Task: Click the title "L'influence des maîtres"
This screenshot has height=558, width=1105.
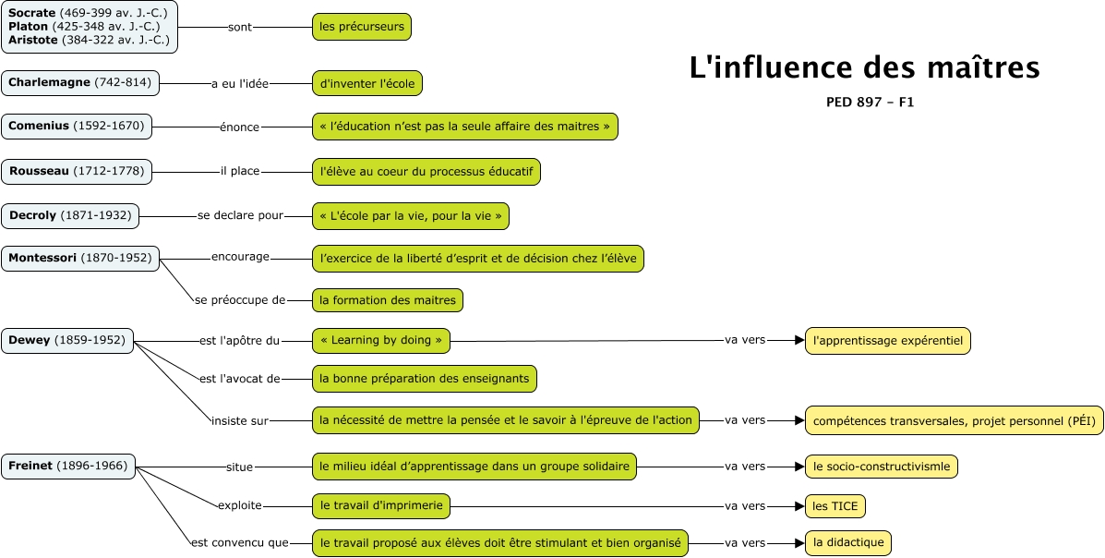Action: [x=864, y=68]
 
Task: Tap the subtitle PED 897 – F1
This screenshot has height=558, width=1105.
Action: [x=870, y=103]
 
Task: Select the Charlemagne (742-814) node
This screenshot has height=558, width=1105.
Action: [x=80, y=83]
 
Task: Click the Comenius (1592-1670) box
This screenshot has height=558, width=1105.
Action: [x=77, y=126]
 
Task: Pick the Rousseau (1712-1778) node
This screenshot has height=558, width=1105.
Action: [x=77, y=171]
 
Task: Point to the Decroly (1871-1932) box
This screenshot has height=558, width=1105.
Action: [x=70, y=216]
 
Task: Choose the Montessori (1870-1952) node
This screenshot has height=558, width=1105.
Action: [x=80, y=259]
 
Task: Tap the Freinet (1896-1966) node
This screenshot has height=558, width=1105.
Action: [x=67, y=467]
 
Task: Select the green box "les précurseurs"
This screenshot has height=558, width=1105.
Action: [x=362, y=27]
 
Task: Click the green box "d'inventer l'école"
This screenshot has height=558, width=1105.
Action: [x=367, y=83]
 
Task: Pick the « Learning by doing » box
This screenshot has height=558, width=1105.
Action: [x=381, y=340]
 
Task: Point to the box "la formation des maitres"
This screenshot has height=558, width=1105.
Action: [x=388, y=299]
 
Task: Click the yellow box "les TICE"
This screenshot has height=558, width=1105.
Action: [x=835, y=506]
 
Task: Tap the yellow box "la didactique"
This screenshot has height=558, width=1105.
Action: [x=848, y=542]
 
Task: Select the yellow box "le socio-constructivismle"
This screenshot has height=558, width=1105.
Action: [x=882, y=467]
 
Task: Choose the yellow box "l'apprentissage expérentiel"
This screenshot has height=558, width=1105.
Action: [x=888, y=341]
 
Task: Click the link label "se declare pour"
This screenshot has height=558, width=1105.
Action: [x=240, y=216]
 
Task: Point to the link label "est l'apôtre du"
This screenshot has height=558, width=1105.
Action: [x=239, y=341]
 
